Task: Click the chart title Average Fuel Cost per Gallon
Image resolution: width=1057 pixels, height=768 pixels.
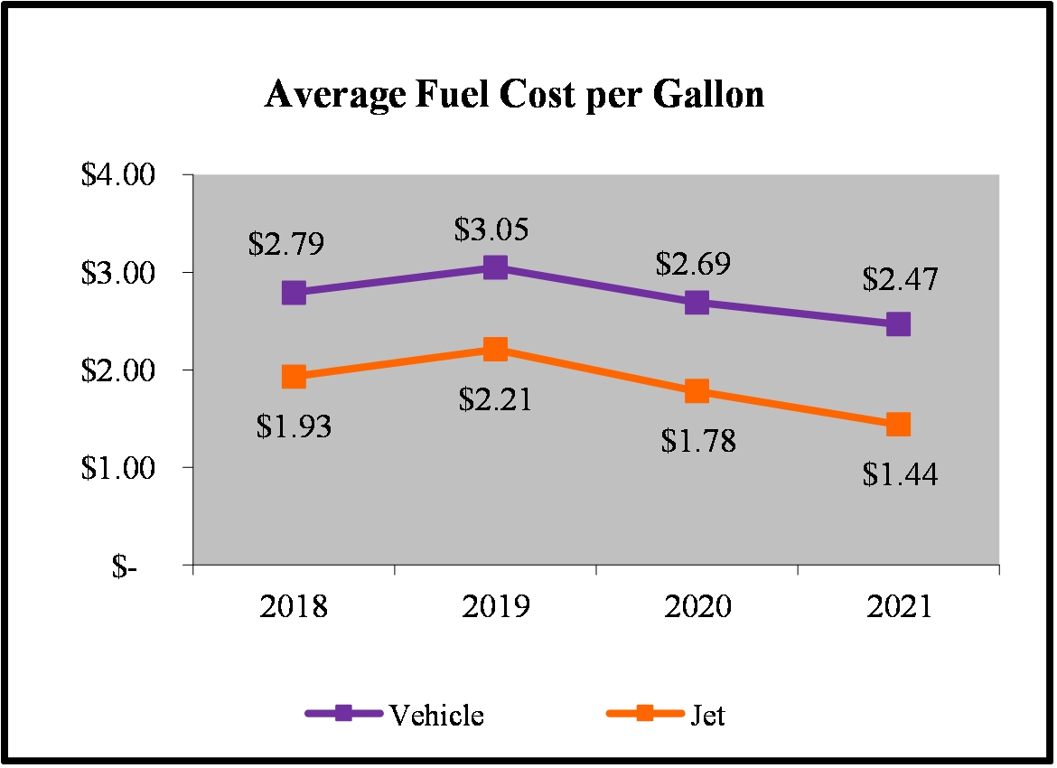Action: (514, 95)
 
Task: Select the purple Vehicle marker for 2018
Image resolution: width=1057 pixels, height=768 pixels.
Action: (294, 292)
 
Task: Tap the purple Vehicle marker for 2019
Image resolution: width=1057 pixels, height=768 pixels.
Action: (495, 267)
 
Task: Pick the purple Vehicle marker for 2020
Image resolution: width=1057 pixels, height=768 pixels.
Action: (697, 302)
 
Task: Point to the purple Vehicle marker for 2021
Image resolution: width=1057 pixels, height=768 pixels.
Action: (898, 323)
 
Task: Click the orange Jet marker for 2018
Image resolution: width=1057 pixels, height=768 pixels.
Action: (294, 376)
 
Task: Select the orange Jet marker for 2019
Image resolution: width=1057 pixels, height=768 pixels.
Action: (495, 349)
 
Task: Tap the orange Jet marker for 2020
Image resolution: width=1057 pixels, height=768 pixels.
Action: (697, 390)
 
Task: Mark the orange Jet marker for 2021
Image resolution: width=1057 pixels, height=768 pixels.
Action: (898, 424)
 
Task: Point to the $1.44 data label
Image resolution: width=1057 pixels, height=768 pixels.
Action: (900, 473)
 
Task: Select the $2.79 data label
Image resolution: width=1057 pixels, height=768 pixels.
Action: (285, 245)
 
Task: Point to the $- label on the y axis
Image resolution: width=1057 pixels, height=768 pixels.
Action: (126, 567)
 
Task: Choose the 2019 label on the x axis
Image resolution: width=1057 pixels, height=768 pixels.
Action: (495, 606)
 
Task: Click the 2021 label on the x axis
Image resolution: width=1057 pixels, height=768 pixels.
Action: (898, 606)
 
